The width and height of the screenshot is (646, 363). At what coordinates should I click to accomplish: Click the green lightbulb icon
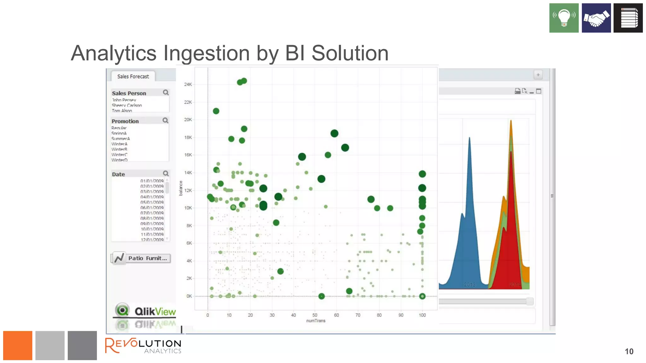tap(564, 18)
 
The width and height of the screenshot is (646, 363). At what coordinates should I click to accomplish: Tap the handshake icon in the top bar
tap(596, 18)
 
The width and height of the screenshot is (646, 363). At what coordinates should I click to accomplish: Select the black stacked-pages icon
tap(628, 18)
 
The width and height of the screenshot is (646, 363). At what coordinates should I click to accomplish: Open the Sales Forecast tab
tap(133, 77)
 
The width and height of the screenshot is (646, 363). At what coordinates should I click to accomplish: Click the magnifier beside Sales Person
tap(166, 93)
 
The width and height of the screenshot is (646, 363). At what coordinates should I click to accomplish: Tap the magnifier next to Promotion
tap(166, 121)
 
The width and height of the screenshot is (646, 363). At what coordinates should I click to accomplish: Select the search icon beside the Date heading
tap(166, 174)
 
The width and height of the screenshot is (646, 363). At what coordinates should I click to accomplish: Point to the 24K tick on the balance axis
tap(188, 84)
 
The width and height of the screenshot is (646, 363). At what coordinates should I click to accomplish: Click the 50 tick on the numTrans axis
tap(315, 315)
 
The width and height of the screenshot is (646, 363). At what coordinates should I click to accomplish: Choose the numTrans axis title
tap(315, 321)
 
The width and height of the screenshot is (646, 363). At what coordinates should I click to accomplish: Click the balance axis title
tap(181, 188)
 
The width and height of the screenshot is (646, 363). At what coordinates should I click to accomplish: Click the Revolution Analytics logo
tap(143, 346)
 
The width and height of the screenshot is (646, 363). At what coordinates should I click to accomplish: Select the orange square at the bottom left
tap(18, 345)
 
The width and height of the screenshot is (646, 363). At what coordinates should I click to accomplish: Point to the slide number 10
tap(629, 352)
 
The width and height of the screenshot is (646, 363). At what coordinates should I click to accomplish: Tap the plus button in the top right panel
tap(538, 75)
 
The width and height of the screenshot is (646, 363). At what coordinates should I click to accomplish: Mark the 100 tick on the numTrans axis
tap(422, 315)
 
